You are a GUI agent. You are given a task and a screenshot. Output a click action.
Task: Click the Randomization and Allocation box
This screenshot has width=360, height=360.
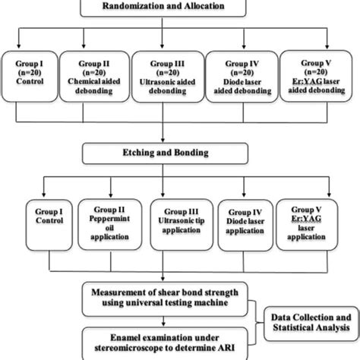coord(179,8)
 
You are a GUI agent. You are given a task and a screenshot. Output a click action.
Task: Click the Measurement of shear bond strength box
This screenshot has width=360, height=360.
coord(174,294)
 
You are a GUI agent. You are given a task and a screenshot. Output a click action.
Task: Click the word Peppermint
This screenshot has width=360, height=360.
coord(106,215)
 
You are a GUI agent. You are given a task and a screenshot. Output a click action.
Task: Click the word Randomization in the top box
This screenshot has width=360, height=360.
coord(144,8)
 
